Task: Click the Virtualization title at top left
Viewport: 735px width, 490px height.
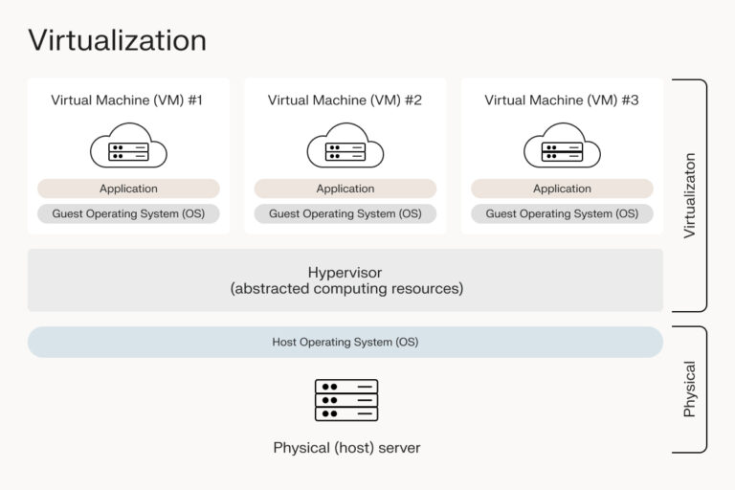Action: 117,40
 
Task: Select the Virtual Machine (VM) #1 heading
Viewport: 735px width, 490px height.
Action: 128,100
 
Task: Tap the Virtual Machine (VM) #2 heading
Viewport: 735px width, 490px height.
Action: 345,100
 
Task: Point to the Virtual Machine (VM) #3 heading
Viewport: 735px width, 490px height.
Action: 562,100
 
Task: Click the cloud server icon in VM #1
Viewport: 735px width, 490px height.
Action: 128,148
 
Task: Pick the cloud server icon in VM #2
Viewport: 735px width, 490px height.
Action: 345,148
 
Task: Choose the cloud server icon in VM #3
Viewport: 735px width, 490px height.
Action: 562,148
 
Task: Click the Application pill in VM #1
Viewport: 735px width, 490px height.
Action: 128,189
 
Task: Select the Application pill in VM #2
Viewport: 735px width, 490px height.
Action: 345,189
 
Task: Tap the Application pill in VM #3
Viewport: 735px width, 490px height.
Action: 562,189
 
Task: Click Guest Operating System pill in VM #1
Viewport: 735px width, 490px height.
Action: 128,214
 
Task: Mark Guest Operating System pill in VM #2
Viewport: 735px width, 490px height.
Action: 345,214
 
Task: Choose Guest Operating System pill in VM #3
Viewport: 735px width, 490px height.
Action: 562,214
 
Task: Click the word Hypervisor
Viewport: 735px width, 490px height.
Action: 345,273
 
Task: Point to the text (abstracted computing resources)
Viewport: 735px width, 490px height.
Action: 345,289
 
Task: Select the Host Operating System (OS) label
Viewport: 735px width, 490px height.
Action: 345,342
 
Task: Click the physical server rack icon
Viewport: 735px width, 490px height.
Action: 345,400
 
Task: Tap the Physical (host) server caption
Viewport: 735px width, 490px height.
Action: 345,447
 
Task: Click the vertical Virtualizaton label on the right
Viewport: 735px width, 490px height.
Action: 689,195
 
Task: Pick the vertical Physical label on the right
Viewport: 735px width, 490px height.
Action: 689,389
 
